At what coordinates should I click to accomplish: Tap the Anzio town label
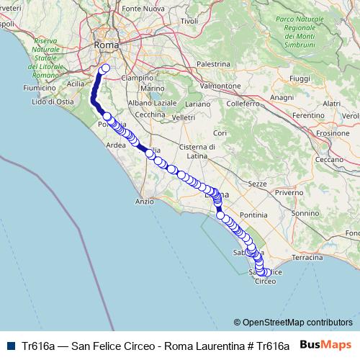[145, 202]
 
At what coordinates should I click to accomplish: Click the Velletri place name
[184, 117]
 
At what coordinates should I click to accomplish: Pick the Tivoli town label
[189, 21]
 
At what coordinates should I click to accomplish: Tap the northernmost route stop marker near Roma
[105, 68]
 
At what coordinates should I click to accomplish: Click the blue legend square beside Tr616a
[10, 345]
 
